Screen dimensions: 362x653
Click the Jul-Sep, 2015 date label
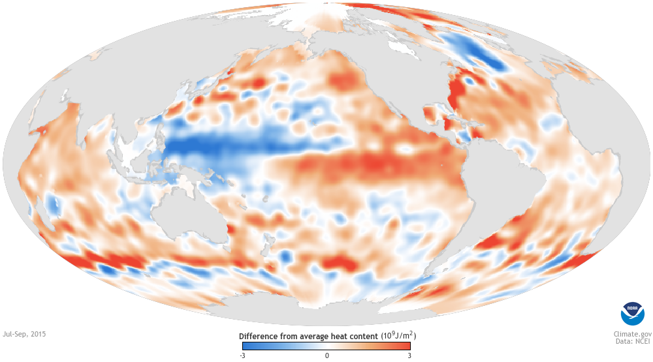tap(25, 333)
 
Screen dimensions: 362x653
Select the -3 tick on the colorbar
tap(242, 355)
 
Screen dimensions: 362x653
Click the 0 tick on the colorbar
tap(326, 355)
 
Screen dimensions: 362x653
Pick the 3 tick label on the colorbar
tap(409, 355)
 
